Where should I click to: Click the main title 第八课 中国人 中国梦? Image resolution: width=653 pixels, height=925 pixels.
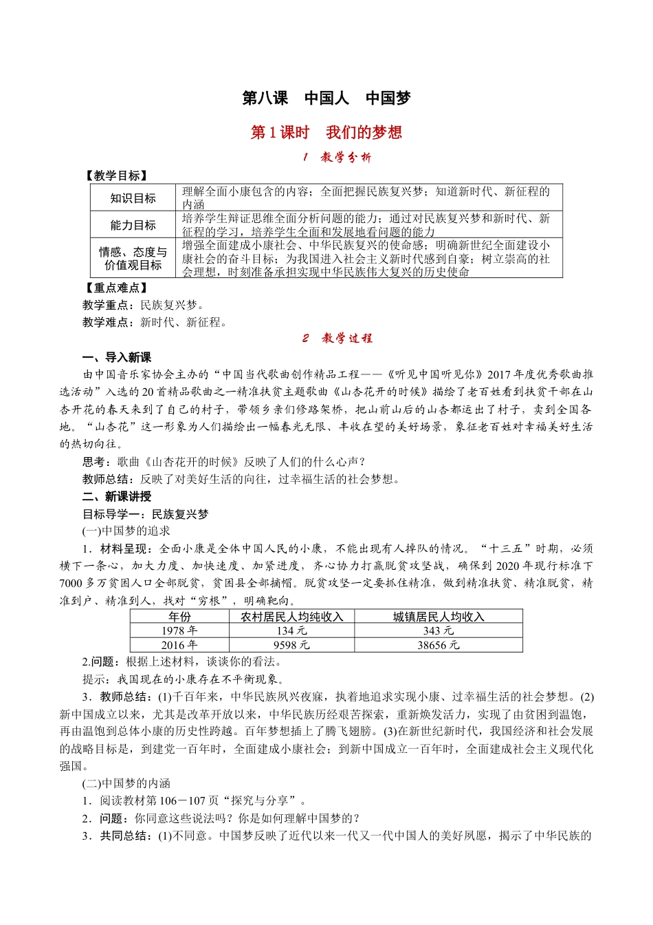(326, 98)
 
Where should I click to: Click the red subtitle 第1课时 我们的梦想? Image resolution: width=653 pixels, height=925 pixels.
(326, 132)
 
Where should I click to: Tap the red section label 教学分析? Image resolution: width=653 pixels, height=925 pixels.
(337, 158)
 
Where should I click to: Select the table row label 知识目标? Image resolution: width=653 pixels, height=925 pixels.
(133, 198)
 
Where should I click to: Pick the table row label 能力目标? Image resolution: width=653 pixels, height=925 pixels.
(133, 225)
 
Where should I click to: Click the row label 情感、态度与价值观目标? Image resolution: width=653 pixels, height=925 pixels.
(133, 258)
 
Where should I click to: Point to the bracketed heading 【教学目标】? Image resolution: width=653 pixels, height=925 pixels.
(115, 176)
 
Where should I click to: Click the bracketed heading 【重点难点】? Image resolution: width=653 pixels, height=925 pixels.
(115, 288)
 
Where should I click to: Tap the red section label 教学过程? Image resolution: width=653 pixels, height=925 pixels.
(337, 339)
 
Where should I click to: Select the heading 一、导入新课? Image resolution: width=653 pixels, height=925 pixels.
(117, 357)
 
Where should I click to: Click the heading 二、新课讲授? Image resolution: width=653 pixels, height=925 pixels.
(117, 496)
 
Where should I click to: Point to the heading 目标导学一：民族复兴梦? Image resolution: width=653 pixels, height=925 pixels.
(145, 514)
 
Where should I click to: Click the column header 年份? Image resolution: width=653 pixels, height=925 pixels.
(179, 617)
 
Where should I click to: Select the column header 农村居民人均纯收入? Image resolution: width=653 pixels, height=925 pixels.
(292, 617)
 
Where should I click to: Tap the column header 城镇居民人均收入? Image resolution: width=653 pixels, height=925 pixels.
(439, 617)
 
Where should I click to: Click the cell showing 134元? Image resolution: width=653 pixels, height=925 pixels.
(292, 630)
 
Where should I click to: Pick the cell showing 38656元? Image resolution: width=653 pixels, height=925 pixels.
(439, 645)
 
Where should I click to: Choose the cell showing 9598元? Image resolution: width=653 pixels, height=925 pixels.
(292, 645)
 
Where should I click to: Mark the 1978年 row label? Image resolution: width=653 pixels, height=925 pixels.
(179, 630)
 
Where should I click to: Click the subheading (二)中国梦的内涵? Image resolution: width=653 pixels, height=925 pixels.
(126, 783)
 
